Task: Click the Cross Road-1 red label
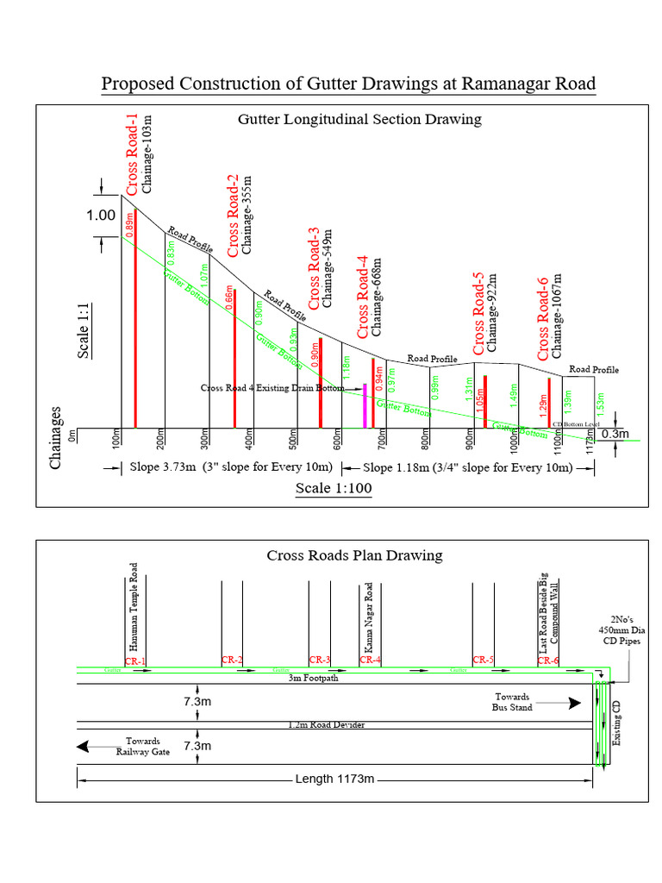(132, 160)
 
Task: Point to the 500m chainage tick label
(294, 440)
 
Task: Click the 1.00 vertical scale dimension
(101, 216)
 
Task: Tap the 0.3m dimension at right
(615, 434)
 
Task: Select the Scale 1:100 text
(334, 489)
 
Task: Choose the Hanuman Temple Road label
(133, 607)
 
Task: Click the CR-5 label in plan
(484, 661)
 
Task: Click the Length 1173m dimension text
(334, 779)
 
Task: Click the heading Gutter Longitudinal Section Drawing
(359, 119)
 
